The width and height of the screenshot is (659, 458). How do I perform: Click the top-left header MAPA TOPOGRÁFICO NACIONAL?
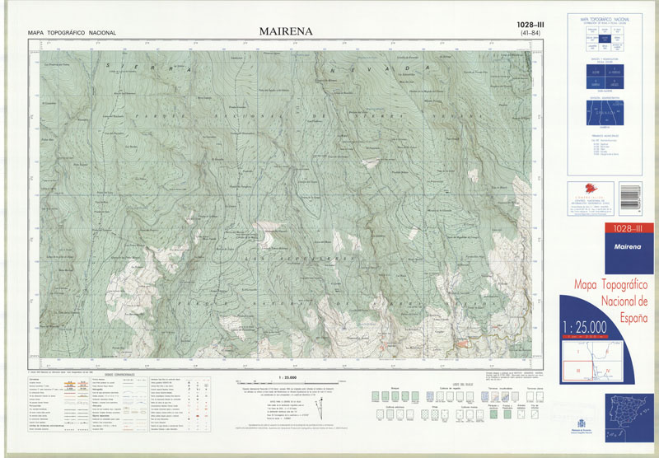coord(72,33)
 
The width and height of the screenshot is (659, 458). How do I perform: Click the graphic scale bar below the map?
coord(282,381)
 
